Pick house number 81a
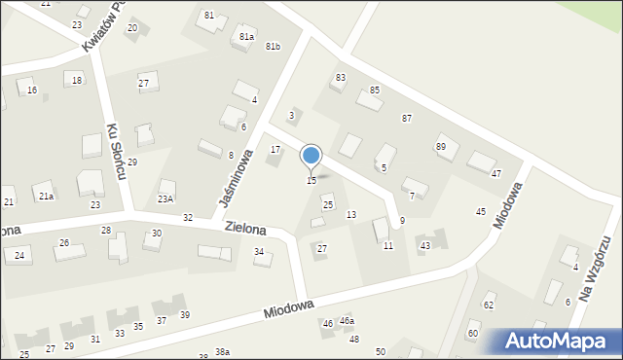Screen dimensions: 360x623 click(x=246, y=37)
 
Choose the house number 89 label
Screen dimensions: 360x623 click(x=441, y=147)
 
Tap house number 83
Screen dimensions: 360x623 click(x=341, y=78)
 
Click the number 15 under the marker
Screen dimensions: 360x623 click(x=311, y=181)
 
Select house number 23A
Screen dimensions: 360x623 click(x=165, y=198)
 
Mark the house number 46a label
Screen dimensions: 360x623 click(x=347, y=321)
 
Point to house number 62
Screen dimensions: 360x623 click(x=489, y=306)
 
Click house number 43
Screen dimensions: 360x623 click(x=425, y=246)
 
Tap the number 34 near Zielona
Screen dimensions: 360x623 click(x=259, y=252)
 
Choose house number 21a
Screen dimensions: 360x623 click(x=46, y=197)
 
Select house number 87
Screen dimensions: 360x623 click(x=407, y=118)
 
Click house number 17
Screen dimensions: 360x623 click(x=275, y=150)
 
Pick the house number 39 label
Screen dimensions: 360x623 click(x=184, y=315)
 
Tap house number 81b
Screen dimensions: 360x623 click(x=273, y=47)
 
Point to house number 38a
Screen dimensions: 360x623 click(x=223, y=352)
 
